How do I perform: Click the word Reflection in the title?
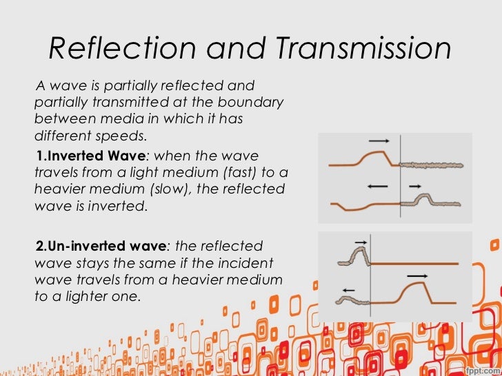pyautogui.click(x=106, y=50)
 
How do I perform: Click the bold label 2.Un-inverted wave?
pyautogui.click(x=101, y=246)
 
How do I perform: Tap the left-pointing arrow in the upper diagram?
pyautogui.click(x=377, y=186)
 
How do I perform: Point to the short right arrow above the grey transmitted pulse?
pyautogui.click(x=414, y=186)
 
